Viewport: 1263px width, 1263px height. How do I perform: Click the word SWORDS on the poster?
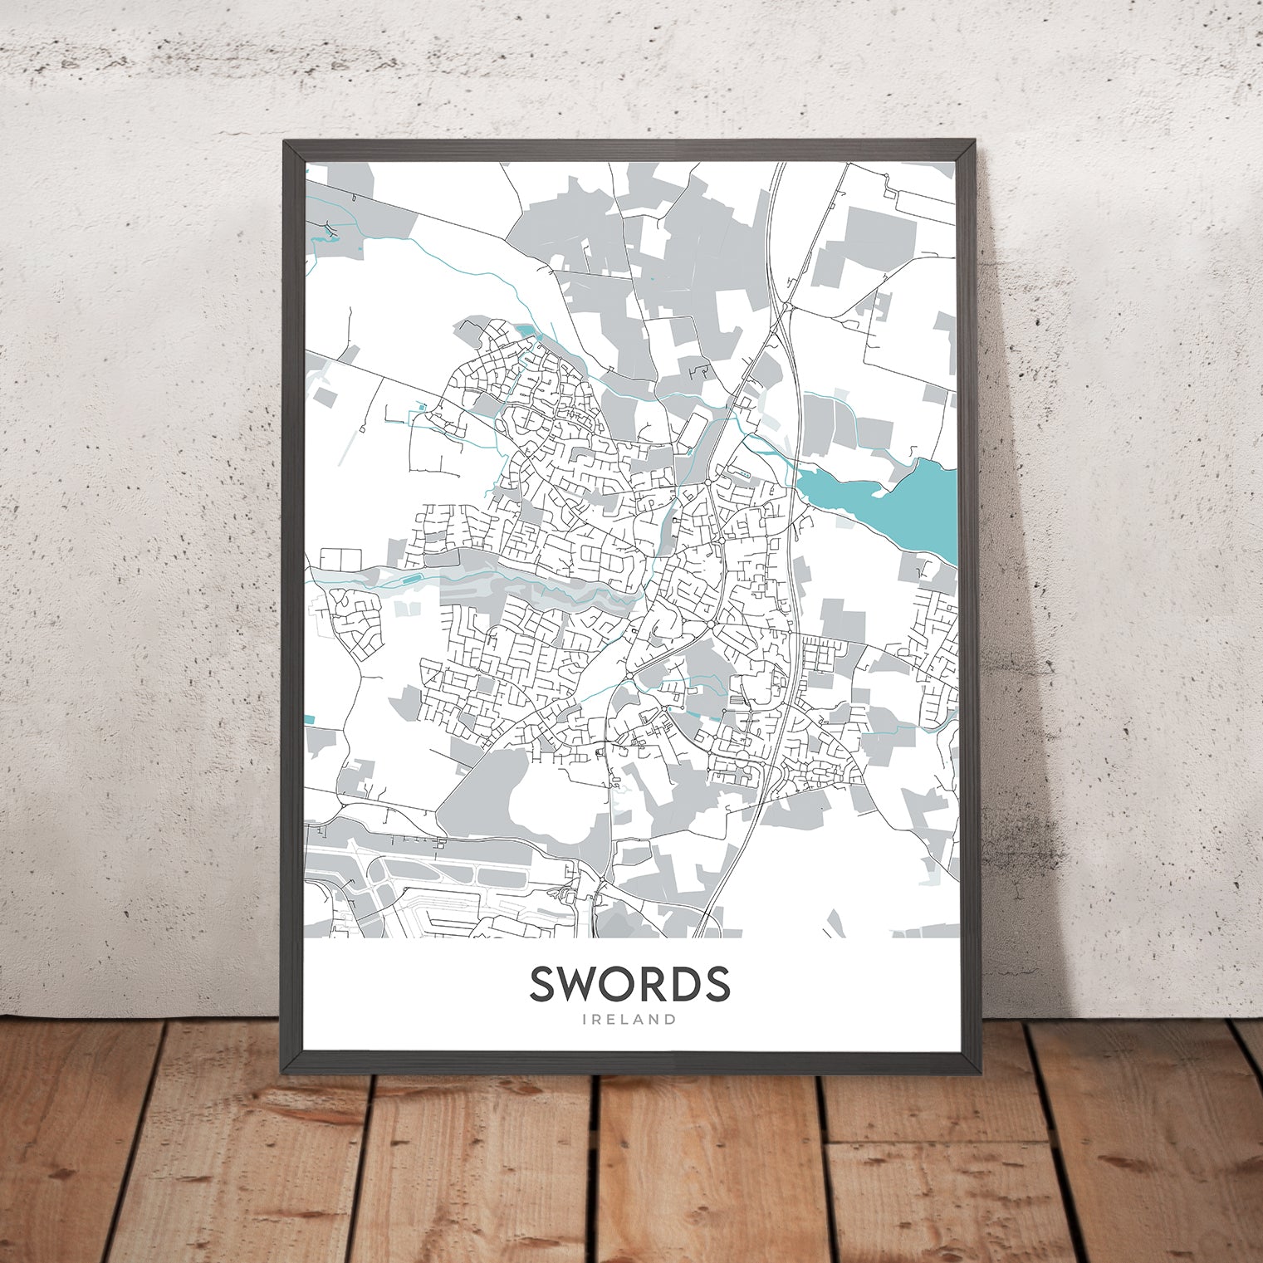tap(629, 983)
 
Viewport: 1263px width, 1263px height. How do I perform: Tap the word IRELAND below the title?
tap(629, 1019)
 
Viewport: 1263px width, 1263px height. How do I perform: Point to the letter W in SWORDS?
tap(580, 983)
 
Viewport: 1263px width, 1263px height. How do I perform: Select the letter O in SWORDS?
tap(624, 983)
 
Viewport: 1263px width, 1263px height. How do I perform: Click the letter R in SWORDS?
tap(661, 983)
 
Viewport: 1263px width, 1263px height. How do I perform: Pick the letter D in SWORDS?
tap(691, 983)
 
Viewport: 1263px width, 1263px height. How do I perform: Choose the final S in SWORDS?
tap(719, 983)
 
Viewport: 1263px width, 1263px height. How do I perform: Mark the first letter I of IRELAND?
tap(586, 1019)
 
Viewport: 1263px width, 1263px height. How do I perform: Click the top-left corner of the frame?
tap(285, 141)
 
